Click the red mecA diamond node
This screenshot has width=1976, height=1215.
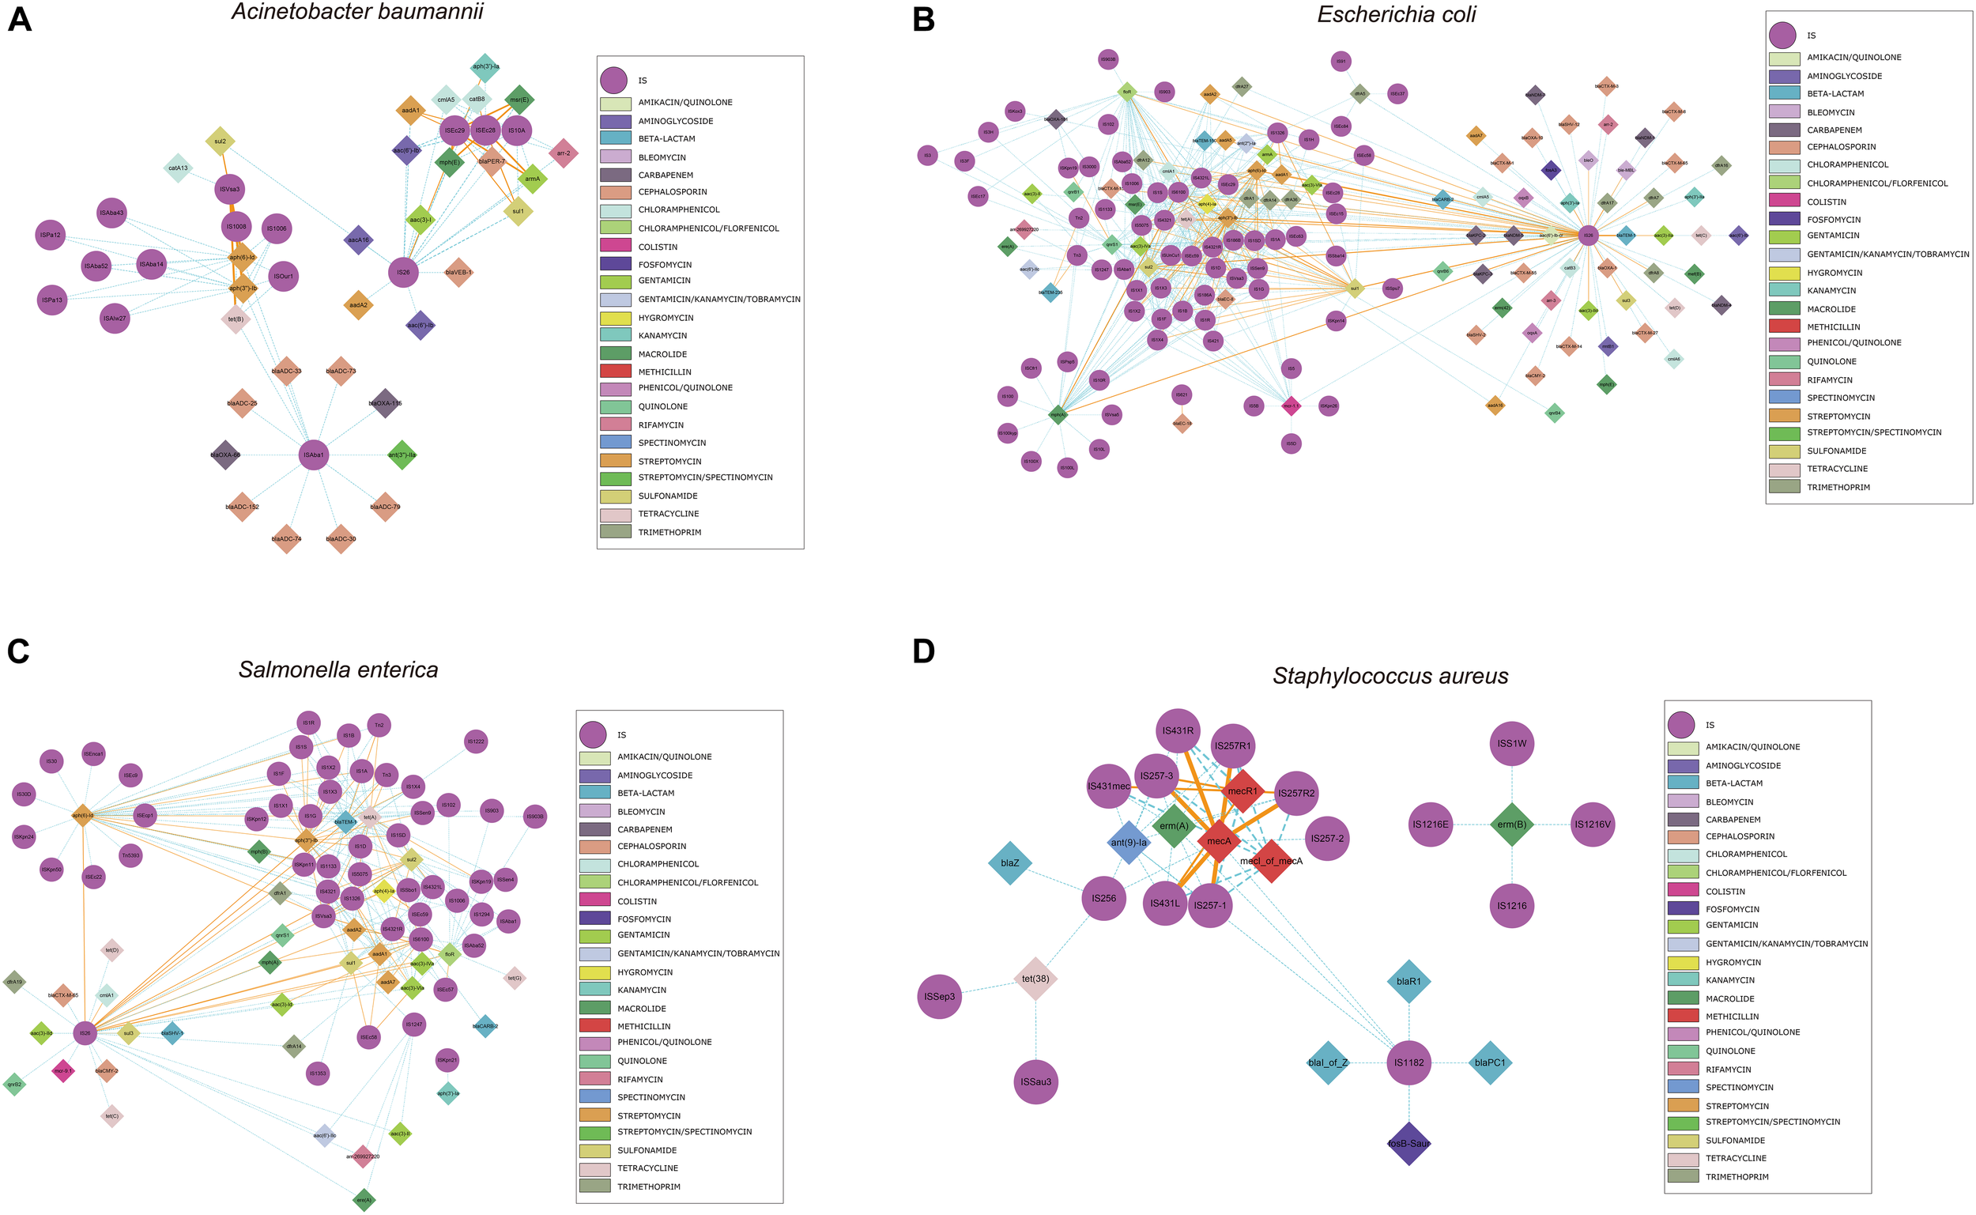point(1219,840)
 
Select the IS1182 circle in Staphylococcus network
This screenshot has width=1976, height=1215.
point(1408,1062)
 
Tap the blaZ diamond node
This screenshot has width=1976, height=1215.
point(1009,863)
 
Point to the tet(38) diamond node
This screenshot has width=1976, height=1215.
point(1035,979)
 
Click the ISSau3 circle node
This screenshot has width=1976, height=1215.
point(1035,1081)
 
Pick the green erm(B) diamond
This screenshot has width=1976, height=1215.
point(1512,824)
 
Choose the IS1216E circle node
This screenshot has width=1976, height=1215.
point(1431,824)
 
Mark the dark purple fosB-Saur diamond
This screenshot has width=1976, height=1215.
point(1408,1143)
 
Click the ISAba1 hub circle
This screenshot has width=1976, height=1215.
point(312,455)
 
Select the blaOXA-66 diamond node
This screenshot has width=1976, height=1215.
point(226,455)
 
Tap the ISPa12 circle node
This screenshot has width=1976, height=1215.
point(51,235)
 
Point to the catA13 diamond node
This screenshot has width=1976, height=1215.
point(178,168)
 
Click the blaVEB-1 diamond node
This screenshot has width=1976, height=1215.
point(458,273)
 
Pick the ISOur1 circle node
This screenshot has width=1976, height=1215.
point(283,277)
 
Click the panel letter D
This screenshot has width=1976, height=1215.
point(924,651)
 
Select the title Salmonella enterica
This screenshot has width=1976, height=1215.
point(338,670)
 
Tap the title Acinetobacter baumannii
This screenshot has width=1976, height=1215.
point(357,11)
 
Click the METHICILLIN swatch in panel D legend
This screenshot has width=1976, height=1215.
point(1683,1017)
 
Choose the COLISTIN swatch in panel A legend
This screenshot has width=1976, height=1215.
point(614,246)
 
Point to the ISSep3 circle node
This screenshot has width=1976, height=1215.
point(939,997)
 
